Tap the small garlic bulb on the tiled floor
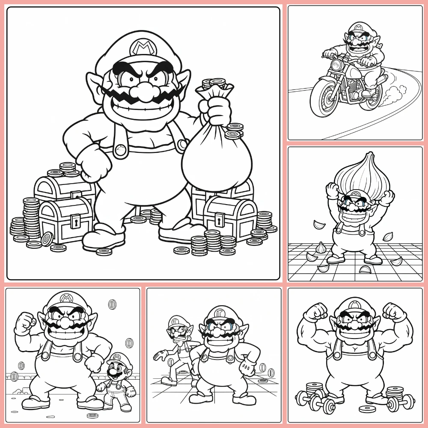coord(321,247)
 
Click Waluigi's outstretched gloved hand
coord(160,354)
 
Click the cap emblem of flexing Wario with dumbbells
coord(354,305)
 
